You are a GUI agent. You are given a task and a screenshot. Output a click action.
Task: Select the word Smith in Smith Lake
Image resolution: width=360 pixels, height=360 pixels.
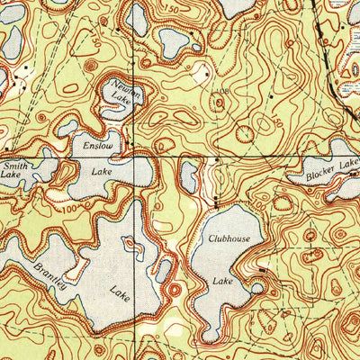click(x=14, y=166)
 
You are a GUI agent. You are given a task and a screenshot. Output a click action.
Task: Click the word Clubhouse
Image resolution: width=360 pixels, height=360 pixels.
click(x=229, y=238)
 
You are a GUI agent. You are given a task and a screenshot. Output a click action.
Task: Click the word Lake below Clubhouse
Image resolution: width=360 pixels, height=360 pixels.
click(x=222, y=282)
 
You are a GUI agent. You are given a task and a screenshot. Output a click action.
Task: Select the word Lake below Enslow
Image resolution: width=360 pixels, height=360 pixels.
click(x=101, y=168)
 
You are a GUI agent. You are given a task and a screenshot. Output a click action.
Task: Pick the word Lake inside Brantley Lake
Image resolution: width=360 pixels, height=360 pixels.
click(x=120, y=291)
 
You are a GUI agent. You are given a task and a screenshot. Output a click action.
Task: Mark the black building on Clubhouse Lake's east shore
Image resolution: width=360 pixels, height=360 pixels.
click(x=262, y=269)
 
